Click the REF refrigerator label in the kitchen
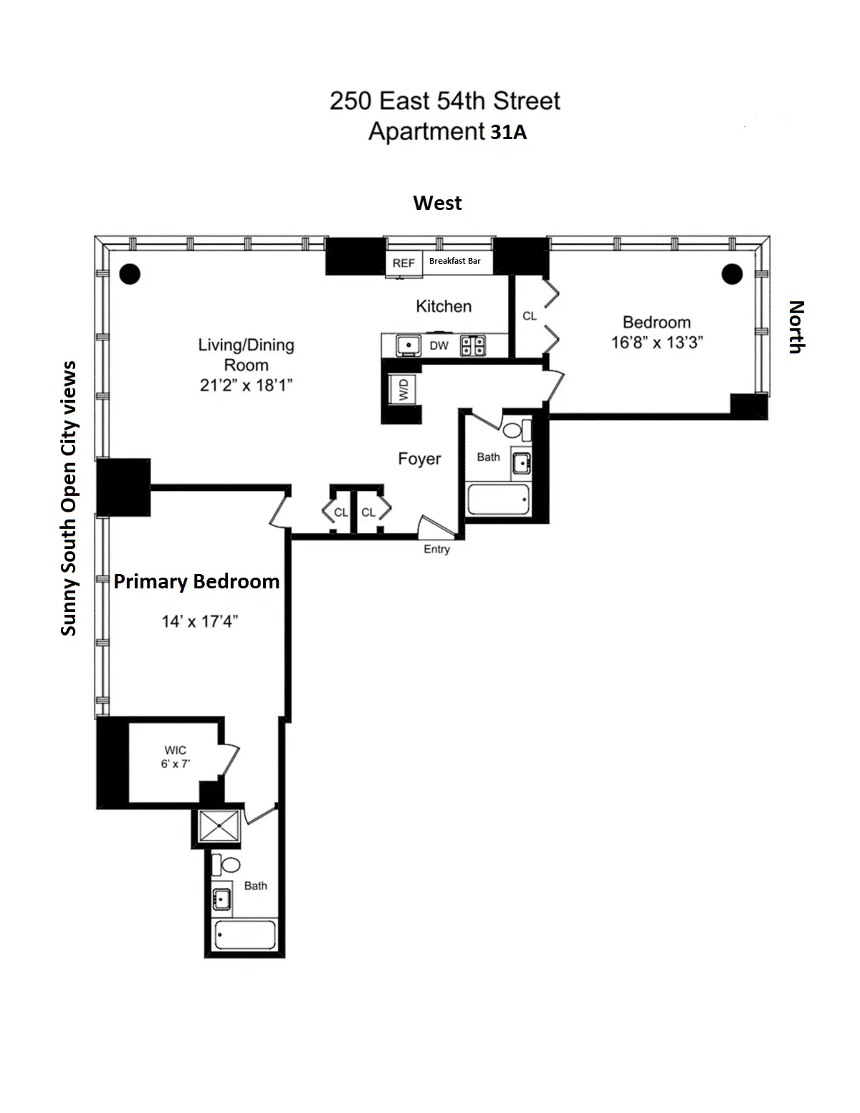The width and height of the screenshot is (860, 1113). [x=403, y=263]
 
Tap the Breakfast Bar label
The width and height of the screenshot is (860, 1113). [x=454, y=262]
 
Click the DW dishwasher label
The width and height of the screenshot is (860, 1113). [x=439, y=346]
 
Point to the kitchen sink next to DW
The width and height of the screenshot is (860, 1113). [x=408, y=345]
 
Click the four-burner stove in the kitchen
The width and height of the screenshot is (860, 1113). [x=472, y=346]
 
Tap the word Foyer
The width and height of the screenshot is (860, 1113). [x=419, y=459]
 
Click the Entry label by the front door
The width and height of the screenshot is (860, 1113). [x=436, y=549]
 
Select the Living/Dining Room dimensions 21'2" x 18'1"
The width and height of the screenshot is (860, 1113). [x=246, y=386]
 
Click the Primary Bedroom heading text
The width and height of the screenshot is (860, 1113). [x=196, y=581]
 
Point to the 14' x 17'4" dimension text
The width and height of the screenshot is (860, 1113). [x=199, y=621]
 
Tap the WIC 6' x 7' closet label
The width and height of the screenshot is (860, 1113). [x=175, y=758]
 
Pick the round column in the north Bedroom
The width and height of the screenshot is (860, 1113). [x=731, y=274]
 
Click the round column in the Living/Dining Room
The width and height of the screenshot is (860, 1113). [x=130, y=274]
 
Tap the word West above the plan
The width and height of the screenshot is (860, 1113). [x=437, y=204]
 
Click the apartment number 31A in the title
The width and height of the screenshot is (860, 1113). [x=508, y=133]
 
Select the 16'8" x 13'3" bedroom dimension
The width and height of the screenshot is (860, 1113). [x=656, y=343]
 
